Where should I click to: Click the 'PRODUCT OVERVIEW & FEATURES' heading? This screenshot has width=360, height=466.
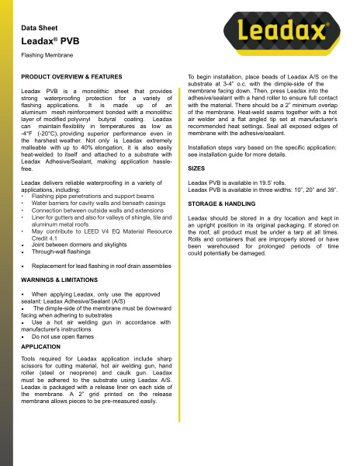click(71, 79)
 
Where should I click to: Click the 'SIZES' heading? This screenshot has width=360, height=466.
click(198, 167)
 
